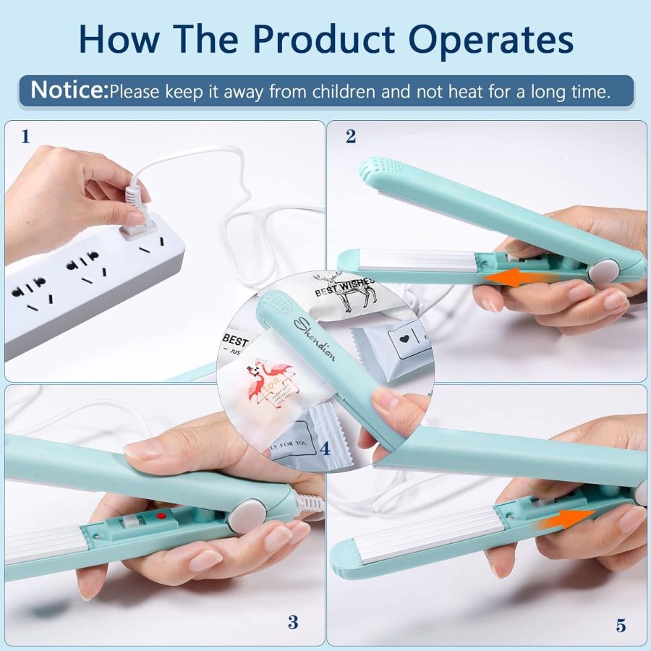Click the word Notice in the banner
click(69, 91)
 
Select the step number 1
click(26, 136)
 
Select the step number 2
click(351, 136)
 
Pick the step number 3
click(292, 621)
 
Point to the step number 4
click(325, 448)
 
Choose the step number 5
click(621, 625)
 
